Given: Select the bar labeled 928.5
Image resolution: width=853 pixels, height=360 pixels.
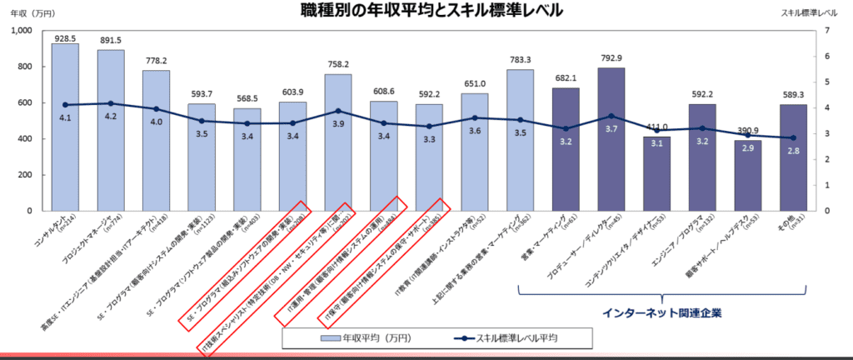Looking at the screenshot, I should (65, 125).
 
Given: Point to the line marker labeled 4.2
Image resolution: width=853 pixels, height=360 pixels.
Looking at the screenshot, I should (111, 103).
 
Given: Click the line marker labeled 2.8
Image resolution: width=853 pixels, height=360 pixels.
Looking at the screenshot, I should (793, 137).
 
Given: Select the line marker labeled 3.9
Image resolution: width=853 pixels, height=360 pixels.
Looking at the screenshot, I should (338, 111).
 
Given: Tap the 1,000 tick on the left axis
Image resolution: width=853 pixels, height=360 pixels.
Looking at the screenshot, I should (19, 31).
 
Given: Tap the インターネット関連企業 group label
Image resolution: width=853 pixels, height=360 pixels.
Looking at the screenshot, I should (662, 313).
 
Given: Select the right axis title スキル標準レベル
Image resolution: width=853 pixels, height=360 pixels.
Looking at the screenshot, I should (811, 12).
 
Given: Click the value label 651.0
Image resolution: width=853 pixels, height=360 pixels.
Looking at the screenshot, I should (475, 84).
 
